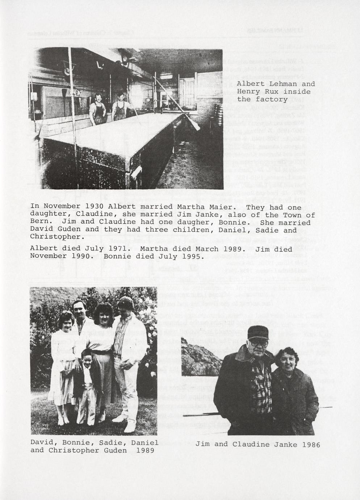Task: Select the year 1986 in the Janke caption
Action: tap(311, 445)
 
